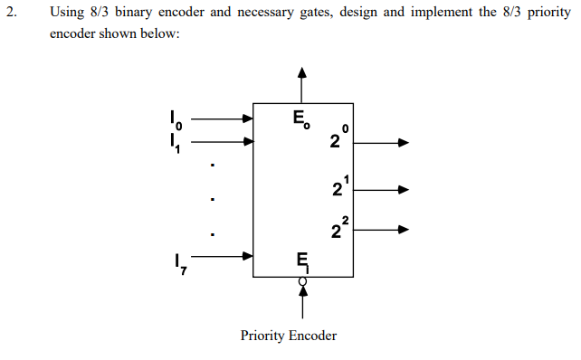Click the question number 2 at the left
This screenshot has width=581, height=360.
tap(10, 14)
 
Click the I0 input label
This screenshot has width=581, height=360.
tap(177, 118)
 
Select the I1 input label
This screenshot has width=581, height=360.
tap(177, 142)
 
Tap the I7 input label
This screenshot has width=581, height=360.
tap(177, 263)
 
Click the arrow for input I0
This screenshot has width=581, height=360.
tap(223, 118)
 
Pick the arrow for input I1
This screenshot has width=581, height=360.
tap(223, 141)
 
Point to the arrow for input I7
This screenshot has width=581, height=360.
tap(223, 256)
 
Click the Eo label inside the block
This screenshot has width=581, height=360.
tap(302, 118)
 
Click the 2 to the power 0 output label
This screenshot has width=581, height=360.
tap(338, 139)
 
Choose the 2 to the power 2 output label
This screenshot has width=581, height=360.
tap(338, 228)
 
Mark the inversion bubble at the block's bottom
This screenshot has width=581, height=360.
tap(302, 281)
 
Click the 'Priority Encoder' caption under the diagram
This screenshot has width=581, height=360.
tap(289, 336)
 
